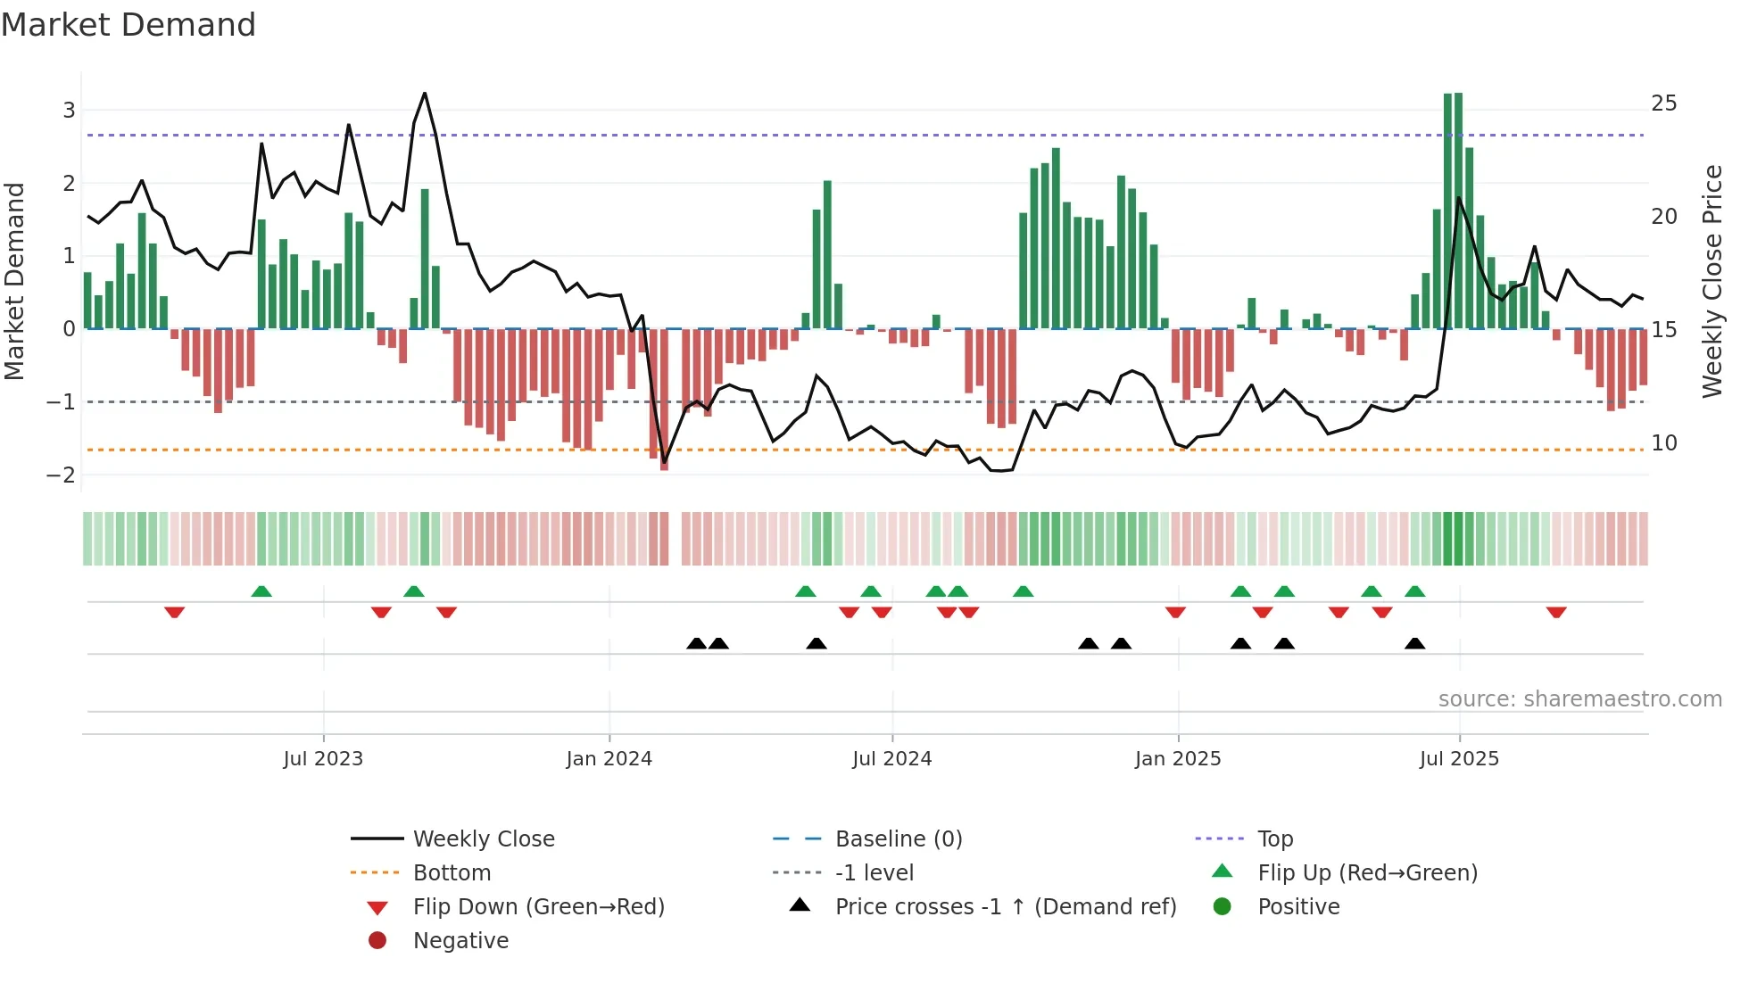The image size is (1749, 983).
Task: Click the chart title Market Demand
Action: [x=128, y=24]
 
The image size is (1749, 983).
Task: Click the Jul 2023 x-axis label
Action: [x=323, y=759]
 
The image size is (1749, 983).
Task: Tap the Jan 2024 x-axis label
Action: [x=609, y=759]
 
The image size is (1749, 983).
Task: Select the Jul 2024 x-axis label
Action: [x=891, y=759]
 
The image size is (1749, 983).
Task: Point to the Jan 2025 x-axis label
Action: [x=1178, y=759]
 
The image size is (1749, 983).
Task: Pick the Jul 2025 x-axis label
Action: [x=1459, y=759]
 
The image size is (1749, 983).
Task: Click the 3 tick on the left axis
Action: [x=69, y=111]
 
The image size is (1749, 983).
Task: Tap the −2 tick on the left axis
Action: [x=62, y=475]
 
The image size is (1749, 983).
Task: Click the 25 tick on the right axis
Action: [x=1663, y=103]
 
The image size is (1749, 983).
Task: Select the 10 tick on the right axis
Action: [x=1663, y=443]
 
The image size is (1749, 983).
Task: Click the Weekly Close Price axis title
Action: [x=1712, y=281]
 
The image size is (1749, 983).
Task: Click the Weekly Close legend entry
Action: [x=483, y=839]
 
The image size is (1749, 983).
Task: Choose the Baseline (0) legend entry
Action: [x=898, y=839]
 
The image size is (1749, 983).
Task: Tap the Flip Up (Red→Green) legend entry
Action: [x=1367, y=873]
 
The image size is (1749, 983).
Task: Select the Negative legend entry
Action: [x=460, y=941]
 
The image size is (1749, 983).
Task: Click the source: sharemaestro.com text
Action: [x=1579, y=699]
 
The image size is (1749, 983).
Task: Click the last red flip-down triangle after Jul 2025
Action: [x=1556, y=612]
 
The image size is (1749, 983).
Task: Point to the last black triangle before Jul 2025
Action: [x=1414, y=643]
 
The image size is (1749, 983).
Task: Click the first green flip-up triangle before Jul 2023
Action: [x=261, y=591]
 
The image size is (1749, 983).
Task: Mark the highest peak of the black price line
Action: [x=425, y=93]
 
